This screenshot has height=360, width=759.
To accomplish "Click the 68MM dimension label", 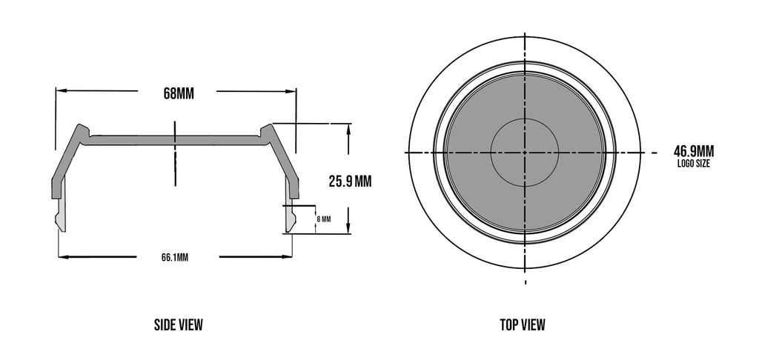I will pos(179,94).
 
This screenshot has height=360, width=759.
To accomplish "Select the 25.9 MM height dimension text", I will pos(349,180).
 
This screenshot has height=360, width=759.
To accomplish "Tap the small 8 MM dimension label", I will pos(323,219).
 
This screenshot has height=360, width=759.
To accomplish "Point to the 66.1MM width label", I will pos(175,258).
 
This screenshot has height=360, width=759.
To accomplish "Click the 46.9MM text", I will pos(694,151).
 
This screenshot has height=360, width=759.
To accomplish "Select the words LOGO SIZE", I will pos(694,164).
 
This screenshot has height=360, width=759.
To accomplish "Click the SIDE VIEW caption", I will pos(178,324).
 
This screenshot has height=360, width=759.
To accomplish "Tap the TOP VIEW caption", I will pos(523,324).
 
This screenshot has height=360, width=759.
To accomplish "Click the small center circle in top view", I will pos(525,153).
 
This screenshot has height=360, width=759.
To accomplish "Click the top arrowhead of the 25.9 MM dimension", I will pos(348,128).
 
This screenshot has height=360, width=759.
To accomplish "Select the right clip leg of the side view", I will pos(290,215).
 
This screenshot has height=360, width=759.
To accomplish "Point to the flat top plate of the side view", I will pos(175,139).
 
